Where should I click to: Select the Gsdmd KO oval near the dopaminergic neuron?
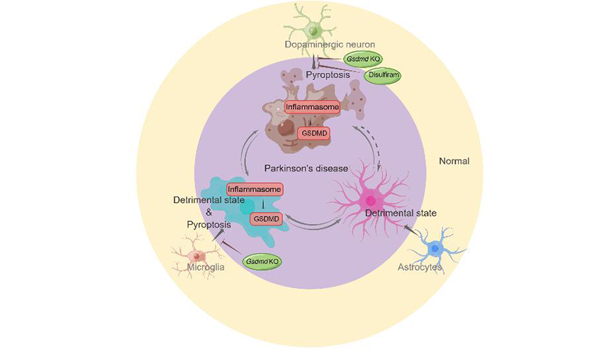point(363,59)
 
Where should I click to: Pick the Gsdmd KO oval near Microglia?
point(262,261)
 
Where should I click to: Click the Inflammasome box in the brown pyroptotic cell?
point(312,108)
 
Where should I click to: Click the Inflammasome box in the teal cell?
point(255,190)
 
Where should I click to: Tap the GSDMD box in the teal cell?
point(267,219)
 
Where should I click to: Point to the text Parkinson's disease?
point(306,169)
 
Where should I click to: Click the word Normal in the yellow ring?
point(454,161)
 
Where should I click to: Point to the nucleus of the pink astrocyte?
point(369,201)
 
